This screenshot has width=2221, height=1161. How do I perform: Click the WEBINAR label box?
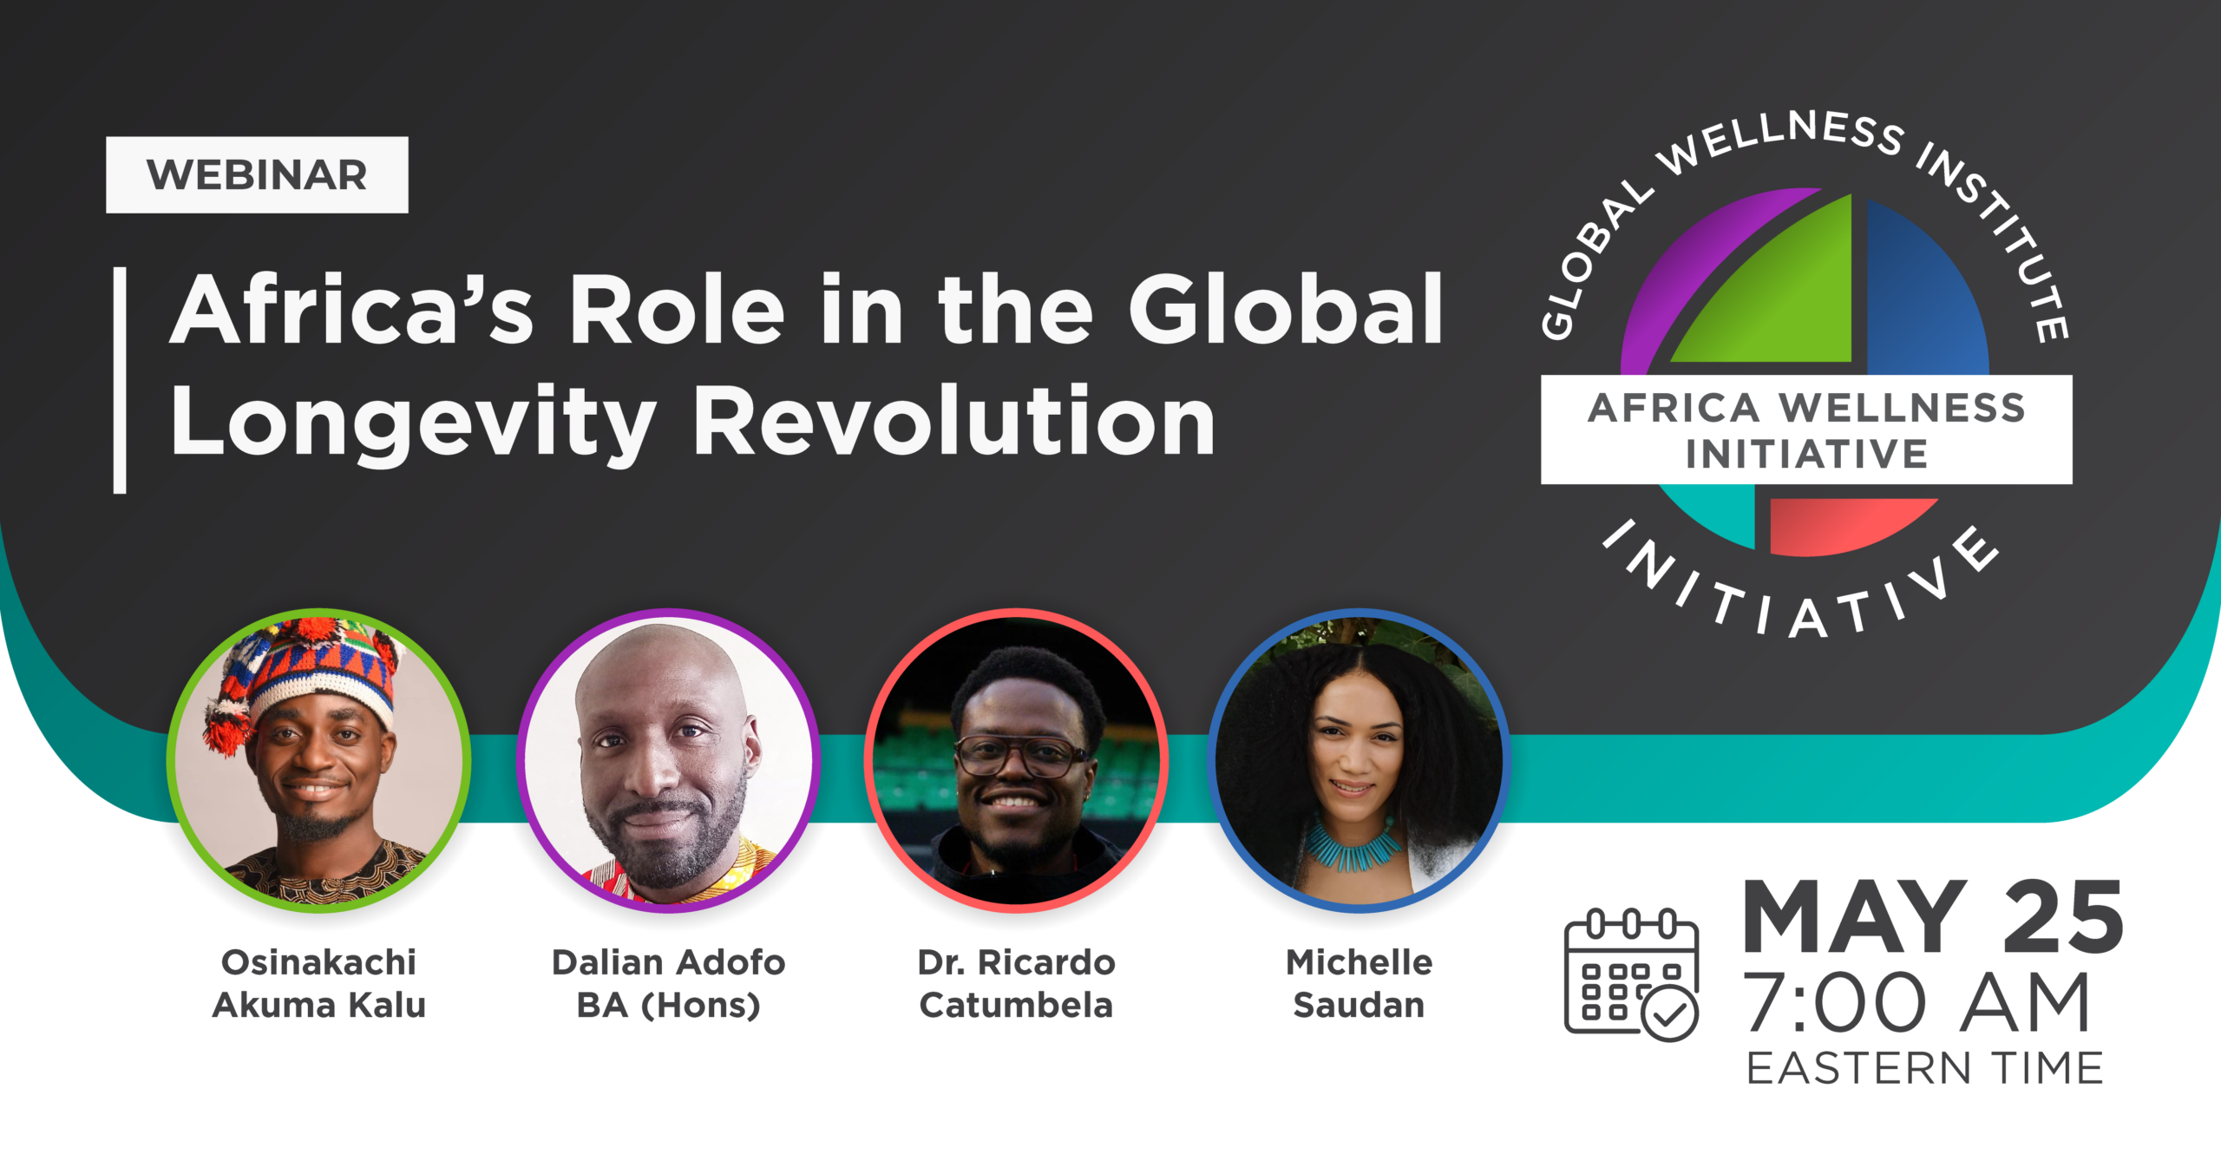tap(257, 174)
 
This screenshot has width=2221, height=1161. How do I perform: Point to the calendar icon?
tap(1631, 974)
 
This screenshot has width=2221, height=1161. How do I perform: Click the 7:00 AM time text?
tap(1917, 1003)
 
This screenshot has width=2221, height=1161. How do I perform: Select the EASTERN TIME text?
tap(1925, 1068)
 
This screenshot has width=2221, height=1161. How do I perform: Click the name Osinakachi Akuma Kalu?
tap(319, 983)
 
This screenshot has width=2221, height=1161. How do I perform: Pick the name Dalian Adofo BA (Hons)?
tap(669, 983)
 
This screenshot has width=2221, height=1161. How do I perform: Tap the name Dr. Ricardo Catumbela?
tap(1016, 983)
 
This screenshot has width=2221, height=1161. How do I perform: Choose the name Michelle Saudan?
tap(1359, 983)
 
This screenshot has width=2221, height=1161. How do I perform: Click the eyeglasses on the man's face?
tap(1021, 756)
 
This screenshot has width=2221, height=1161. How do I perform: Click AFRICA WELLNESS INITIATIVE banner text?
tap(1806, 430)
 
